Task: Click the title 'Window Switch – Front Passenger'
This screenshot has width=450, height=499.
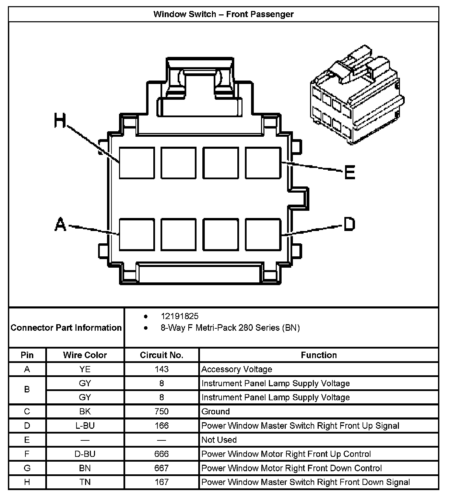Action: click(223, 14)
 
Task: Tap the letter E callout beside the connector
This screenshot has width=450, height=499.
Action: click(350, 172)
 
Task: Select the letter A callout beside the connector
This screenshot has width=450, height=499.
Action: click(60, 224)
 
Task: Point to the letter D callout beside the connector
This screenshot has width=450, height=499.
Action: click(349, 224)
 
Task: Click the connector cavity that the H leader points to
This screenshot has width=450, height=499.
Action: click(137, 163)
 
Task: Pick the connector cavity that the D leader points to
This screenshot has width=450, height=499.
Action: click(263, 235)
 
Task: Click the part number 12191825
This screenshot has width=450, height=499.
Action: click(179, 316)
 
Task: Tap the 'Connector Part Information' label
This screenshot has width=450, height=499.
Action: click(66, 328)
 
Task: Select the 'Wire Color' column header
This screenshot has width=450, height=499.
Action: click(85, 355)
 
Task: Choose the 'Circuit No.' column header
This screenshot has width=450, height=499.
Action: click(162, 355)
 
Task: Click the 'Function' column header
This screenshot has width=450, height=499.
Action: click(319, 355)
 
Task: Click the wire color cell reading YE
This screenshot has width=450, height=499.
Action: click(85, 369)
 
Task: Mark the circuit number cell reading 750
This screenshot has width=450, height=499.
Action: click(162, 411)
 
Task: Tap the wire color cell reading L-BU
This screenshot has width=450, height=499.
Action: click(85, 426)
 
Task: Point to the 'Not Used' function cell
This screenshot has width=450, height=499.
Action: click(219, 440)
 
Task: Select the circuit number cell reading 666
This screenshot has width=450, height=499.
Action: click(162, 454)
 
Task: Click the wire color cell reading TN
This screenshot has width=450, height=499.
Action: click(85, 482)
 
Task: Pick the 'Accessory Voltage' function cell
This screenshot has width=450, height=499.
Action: click(237, 369)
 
